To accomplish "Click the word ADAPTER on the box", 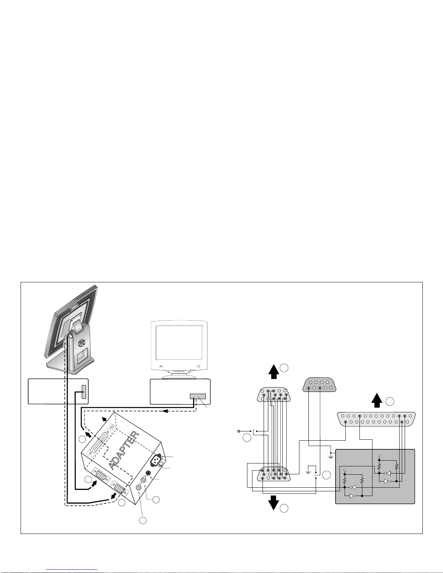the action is pyautogui.click(x=124, y=450).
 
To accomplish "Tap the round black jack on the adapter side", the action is pyautogui.click(x=149, y=473).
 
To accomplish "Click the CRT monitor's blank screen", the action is pyautogui.click(x=179, y=343).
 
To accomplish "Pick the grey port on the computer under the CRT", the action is pyautogui.click(x=198, y=396).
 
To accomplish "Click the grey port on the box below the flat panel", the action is pyautogui.click(x=84, y=392).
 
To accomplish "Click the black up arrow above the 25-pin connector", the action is pyautogui.click(x=377, y=400).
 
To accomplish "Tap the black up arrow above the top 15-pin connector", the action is pyautogui.click(x=274, y=372).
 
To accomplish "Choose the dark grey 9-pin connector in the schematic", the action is pyautogui.click(x=319, y=385).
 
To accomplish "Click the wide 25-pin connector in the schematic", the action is pyautogui.click(x=376, y=419).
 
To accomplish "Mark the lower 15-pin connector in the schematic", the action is pyautogui.click(x=274, y=474).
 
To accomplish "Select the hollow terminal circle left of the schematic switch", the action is pyautogui.click(x=239, y=431).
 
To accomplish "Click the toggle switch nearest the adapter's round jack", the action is pyautogui.click(x=144, y=480).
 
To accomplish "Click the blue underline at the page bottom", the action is pyautogui.click(x=72, y=569).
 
